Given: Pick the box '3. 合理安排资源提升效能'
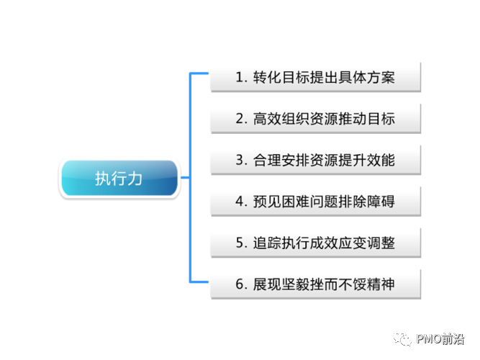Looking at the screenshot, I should [x=314, y=160].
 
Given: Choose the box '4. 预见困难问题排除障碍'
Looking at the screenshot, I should [x=314, y=202].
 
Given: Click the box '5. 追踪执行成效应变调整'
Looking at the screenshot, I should [x=314, y=243].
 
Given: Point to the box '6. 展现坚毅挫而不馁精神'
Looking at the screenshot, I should [x=314, y=284].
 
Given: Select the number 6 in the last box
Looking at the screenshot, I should [x=240, y=284].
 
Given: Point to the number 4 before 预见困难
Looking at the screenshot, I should [x=240, y=202].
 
